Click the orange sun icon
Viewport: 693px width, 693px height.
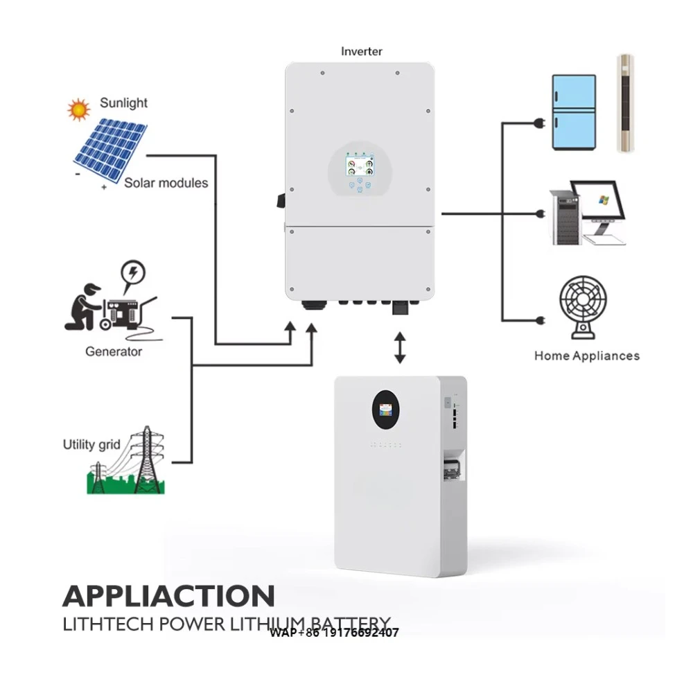click(x=78, y=109)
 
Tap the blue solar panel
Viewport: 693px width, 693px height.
click(x=109, y=149)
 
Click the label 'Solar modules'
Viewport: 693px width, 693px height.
click(x=166, y=183)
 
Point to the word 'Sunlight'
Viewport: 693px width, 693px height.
click(x=123, y=103)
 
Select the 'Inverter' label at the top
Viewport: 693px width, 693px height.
click(x=361, y=51)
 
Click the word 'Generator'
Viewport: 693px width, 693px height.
click(x=114, y=351)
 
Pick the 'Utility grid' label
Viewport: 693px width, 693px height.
click(x=91, y=444)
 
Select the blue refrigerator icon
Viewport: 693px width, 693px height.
click(x=573, y=112)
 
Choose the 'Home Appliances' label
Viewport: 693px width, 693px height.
click(x=586, y=356)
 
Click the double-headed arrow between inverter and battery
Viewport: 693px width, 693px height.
click(x=400, y=347)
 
